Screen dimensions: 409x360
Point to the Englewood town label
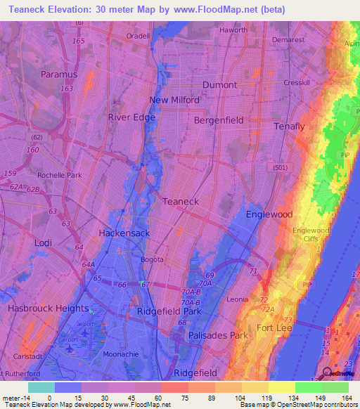(x=269, y=214)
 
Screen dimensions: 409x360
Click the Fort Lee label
(x=274, y=328)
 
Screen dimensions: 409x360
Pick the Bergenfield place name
(x=219, y=120)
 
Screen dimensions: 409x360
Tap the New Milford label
(x=174, y=100)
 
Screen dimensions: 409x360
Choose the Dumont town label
(x=220, y=84)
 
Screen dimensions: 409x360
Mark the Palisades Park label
(x=218, y=336)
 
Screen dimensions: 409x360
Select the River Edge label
(x=131, y=117)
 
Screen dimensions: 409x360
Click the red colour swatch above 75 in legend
(x=174, y=387)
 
